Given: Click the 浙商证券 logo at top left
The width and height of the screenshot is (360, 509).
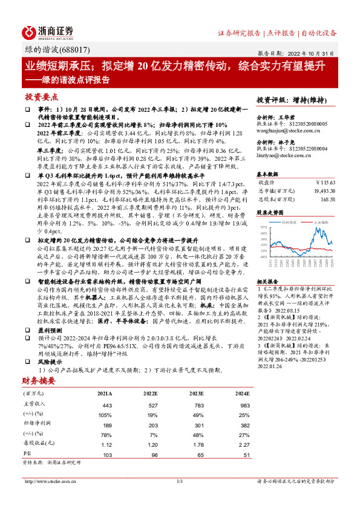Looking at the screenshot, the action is coord(48,32).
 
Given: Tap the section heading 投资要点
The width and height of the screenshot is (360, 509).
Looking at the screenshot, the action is coord(42,96).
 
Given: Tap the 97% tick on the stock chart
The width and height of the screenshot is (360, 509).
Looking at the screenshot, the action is coord(264,227).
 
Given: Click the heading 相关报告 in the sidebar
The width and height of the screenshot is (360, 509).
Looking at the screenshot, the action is coord(267,282).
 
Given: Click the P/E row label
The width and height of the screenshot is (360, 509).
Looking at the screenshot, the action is coord(28,454).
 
